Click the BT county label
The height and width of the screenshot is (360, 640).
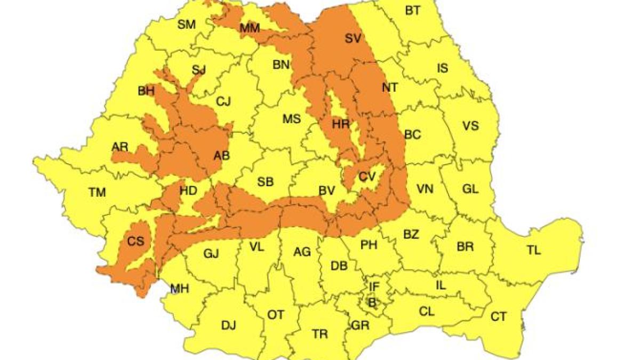point(412,10)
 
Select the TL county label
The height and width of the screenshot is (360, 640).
point(533,250)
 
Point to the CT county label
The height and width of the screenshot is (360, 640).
point(498,317)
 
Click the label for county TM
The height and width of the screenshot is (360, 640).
point(97,193)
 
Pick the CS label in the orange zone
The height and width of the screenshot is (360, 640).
point(135,241)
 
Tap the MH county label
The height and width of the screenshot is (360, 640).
point(179,289)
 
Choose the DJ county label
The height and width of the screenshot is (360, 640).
point(228,324)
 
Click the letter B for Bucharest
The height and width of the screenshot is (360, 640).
point(372,302)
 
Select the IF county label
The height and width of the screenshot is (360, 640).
point(374,287)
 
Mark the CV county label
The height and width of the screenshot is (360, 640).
point(367,177)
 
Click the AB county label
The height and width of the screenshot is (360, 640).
point(221,156)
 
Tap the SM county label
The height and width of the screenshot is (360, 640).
point(187,24)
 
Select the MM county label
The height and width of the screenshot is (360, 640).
point(250,29)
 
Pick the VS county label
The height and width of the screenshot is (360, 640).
point(470,126)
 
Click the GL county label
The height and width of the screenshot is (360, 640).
point(470,189)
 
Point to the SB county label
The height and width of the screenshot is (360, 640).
point(266,182)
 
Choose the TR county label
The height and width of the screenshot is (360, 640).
point(319,334)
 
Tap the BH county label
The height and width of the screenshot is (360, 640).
point(146,91)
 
